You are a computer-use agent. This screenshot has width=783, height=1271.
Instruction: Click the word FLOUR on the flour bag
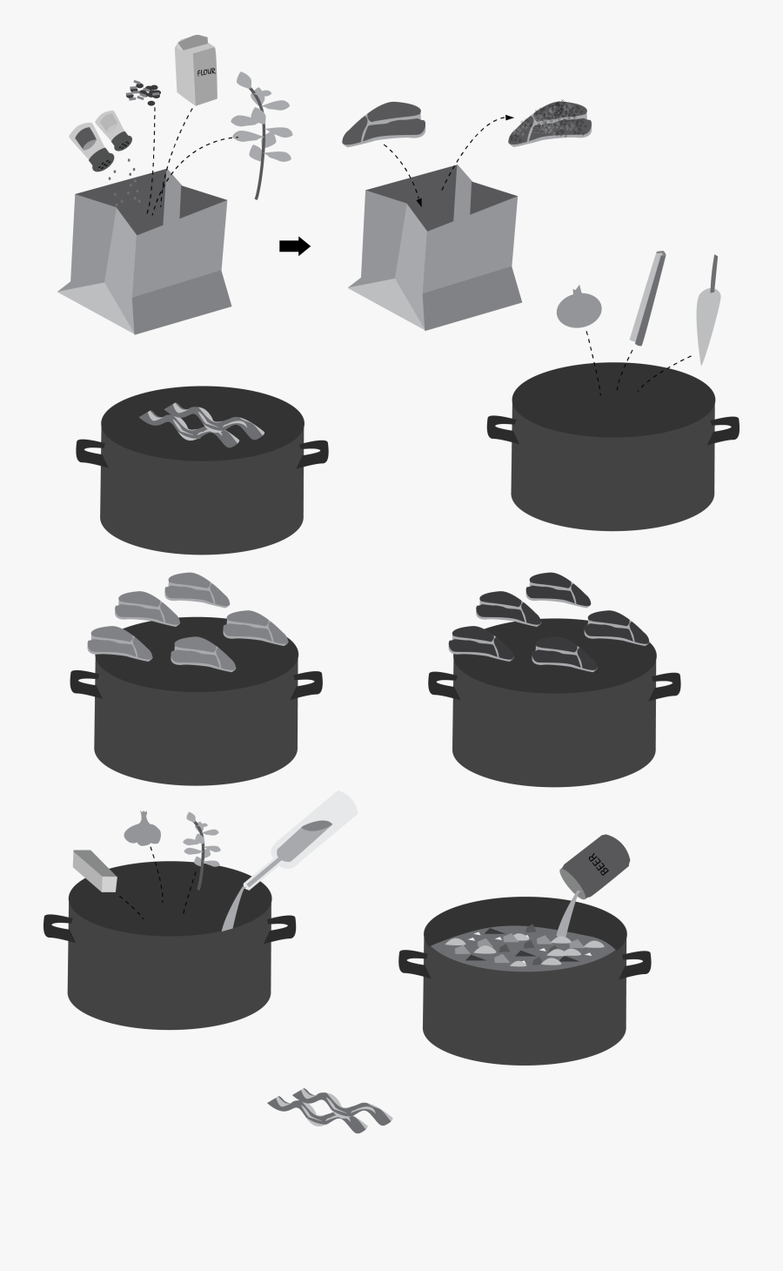(205, 72)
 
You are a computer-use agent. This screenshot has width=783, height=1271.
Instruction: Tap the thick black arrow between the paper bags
(294, 246)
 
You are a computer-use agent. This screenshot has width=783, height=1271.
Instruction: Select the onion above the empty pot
(579, 307)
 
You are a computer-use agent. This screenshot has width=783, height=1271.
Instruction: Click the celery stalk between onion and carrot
(648, 299)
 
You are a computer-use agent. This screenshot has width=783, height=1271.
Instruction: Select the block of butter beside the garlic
(94, 871)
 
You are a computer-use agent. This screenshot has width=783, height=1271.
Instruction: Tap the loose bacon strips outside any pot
(329, 1110)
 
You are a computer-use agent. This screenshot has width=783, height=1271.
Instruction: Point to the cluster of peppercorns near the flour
(144, 91)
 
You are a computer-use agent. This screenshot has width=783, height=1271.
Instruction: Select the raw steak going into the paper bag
(383, 124)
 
